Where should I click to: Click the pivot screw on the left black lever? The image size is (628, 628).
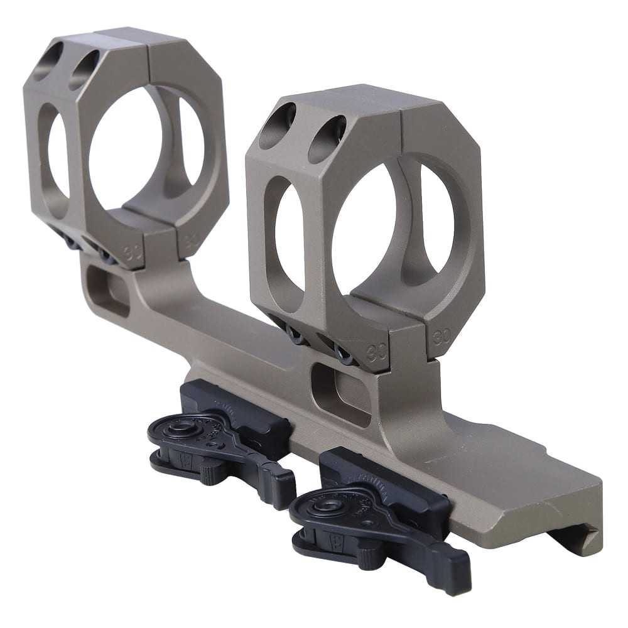point(181,428)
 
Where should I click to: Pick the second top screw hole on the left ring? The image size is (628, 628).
point(84,70)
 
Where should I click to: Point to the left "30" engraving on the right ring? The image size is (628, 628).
point(379,350)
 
